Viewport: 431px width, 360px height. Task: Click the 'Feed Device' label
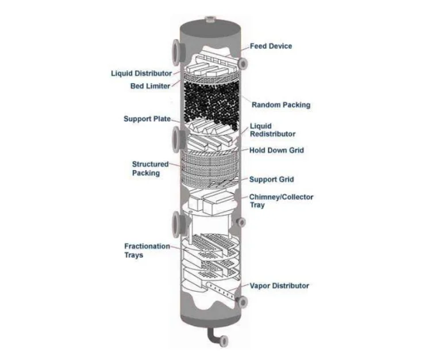tap(271, 46)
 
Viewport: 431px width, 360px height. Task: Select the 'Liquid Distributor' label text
tap(141, 73)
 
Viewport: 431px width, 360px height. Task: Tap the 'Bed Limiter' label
tap(150, 87)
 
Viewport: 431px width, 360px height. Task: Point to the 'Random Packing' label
tap(281, 105)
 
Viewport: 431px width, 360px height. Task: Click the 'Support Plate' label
tap(147, 119)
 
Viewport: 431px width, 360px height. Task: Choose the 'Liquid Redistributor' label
tap(272, 130)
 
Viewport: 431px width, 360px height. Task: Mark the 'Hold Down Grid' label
tap(276, 150)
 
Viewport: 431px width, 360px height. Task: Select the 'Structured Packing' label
tap(151, 168)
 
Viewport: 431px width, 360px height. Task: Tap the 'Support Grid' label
tap(271, 179)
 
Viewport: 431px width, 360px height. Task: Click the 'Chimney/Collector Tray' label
tap(280, 201)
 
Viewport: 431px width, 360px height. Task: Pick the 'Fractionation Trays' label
tap(147, 250)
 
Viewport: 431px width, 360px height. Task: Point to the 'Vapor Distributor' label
tap(279, 285)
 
